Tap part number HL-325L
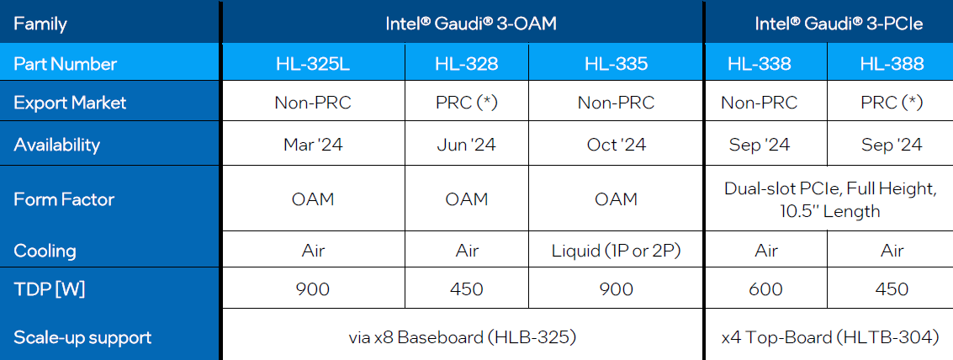[313, 64]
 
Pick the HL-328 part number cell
[466, 64]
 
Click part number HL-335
[616, 64]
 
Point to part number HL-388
[892, 64]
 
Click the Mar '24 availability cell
[313, 145]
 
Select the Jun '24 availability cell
[466, 145]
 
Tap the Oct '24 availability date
[616, 145]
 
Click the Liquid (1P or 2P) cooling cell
[616, 251]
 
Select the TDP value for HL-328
[466, 289]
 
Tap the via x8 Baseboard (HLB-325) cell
[462, 338]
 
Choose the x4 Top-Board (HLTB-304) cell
[829, 338]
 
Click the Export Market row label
[70, 103]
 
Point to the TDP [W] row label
[50, 289]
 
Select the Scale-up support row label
[82, 338]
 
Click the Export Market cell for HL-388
[892, 103]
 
